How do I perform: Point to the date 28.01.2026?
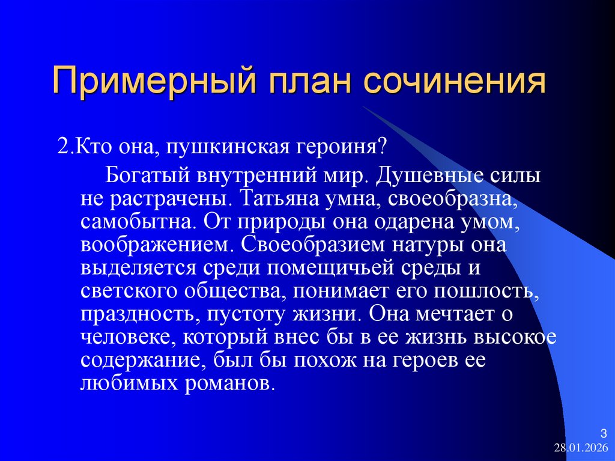click(x=581, y=448)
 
